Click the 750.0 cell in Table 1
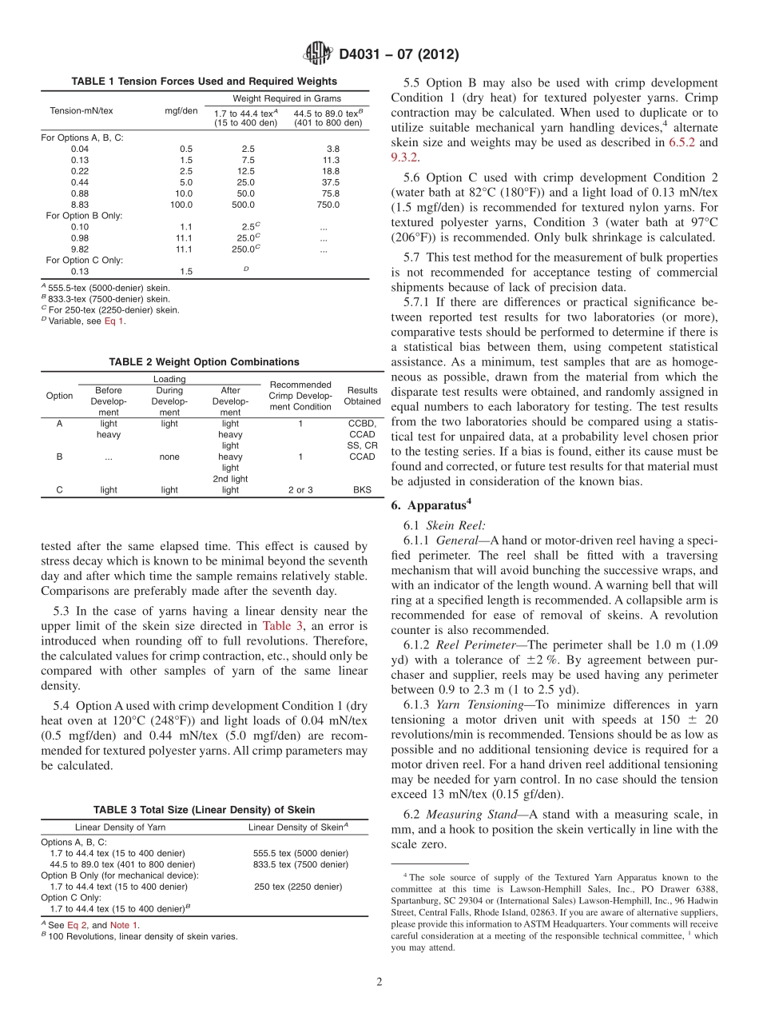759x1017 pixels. pos(328,205)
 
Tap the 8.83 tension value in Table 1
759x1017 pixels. pos(80,205)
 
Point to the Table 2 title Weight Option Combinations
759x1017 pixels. pos(204,362)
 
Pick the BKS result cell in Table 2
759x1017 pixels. pos(362,490)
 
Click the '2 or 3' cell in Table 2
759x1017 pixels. pos(300,490)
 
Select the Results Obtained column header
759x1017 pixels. pos(362,396)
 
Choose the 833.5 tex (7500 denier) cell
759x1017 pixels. pos(300,864)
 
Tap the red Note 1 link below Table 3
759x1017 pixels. pos(124,925)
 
